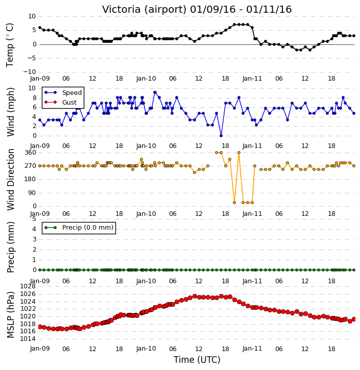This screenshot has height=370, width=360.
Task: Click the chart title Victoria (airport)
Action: tap(145, 10)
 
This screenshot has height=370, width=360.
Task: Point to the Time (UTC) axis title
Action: tap(197, 360)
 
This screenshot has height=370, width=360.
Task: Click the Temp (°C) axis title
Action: tap(10, 45)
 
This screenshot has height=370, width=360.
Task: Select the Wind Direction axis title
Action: tap(11, 179)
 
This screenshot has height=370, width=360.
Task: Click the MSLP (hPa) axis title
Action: tap(11, 314)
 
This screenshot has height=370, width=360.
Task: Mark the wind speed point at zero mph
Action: tap(221, 136)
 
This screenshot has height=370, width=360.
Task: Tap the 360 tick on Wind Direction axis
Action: tap(30, 153)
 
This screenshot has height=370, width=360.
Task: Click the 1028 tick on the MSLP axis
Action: tap(28, 286)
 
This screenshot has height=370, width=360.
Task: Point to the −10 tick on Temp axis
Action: tap(29, 72)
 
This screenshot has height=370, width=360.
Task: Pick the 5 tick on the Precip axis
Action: tap(34, 219)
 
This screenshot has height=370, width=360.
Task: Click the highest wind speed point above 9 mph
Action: tap(155, 92)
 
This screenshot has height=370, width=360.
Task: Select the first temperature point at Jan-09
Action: tap(40, 28)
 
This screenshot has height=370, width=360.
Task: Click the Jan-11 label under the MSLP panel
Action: tap(252, 349)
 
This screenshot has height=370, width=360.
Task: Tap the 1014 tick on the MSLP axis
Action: tap(28, 339)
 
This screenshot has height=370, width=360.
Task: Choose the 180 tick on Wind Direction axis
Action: tap(30, 179)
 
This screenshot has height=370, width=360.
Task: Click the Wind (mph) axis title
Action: tap(11, 112)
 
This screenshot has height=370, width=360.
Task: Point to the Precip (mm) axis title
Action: tap(11, 247)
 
